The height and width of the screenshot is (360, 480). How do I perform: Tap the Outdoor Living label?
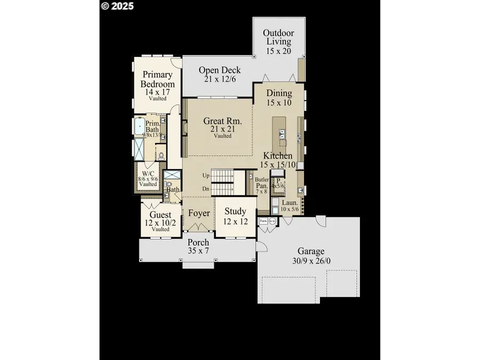click(x=278, y=37)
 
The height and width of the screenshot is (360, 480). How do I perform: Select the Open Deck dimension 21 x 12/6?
click(x=220, y=79)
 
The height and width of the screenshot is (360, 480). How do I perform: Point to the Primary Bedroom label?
click(x=157, y=79)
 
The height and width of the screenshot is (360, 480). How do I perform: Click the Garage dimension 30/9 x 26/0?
click(x=311, y=261)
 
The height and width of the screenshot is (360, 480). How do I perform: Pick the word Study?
click(x=235, y=212)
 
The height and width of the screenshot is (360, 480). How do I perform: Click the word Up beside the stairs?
click(x=206, y=175)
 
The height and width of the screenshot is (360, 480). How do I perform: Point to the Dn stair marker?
click(x=206, y=188)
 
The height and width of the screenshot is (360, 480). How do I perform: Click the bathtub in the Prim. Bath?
click(x=139, y=127)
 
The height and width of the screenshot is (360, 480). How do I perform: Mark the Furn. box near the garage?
click(x=263, y=220)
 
